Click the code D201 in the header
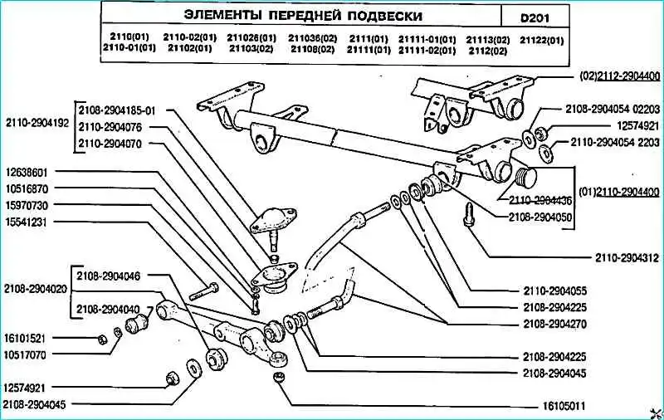[535, 16]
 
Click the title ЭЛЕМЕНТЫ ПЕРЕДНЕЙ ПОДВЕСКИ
[302, 16]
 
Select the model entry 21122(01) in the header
[541, 39]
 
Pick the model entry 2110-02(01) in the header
[190, 38]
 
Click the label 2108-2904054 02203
[613, 109]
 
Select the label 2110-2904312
[628, 256]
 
